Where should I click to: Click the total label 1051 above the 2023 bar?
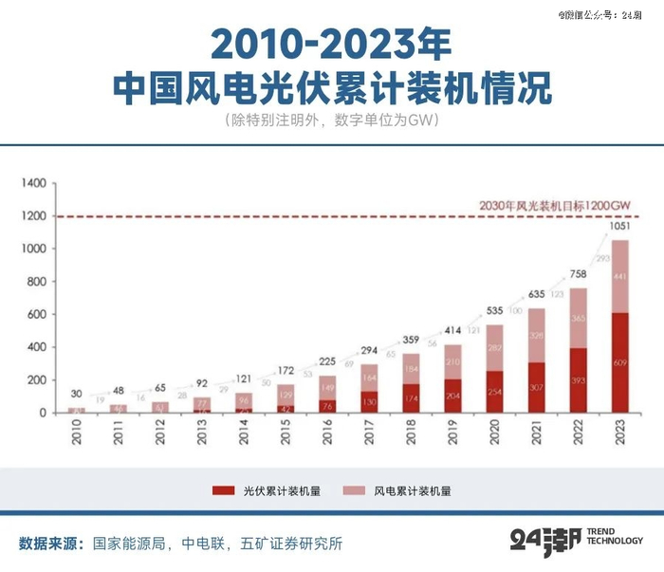618,226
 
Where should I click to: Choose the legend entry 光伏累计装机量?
268,491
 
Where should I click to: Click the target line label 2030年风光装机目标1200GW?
554,205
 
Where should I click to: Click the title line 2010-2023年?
331,43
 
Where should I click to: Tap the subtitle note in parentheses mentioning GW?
332,121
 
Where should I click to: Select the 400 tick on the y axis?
36,347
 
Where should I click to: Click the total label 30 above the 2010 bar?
76,395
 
